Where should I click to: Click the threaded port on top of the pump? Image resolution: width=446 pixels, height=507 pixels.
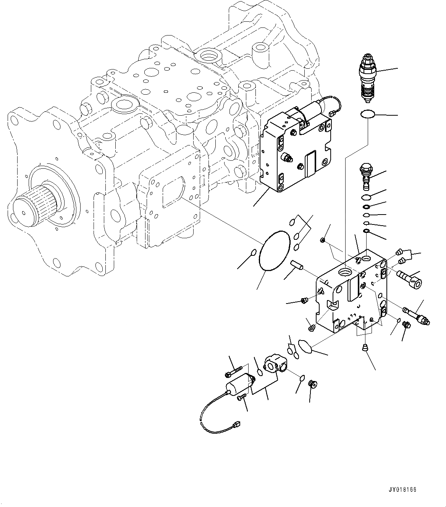pos(209,57)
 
